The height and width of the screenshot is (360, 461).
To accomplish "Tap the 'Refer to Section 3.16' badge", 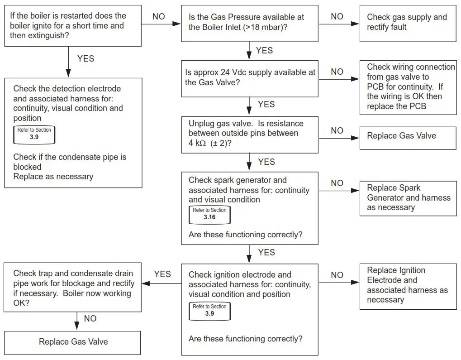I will coord(209,214).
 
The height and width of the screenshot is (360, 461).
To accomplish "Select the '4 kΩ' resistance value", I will coord(198,143).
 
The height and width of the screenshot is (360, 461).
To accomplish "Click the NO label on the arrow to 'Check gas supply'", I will coord(337,17).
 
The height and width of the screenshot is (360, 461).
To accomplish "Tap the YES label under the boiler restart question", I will coord(86,59).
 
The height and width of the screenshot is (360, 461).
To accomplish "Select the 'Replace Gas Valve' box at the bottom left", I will coord(73,342).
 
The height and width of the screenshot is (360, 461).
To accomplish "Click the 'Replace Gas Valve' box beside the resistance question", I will coord(408,136).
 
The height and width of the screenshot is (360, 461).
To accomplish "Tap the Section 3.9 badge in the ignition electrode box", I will coord(209,310).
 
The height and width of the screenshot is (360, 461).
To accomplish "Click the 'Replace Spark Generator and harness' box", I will coord(408,197).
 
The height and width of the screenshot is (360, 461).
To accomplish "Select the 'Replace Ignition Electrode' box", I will coord(408,285).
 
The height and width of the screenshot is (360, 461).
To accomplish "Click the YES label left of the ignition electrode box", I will coord(162,274).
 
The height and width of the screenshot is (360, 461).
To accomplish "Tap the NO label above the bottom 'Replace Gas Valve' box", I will coord(90,319).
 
